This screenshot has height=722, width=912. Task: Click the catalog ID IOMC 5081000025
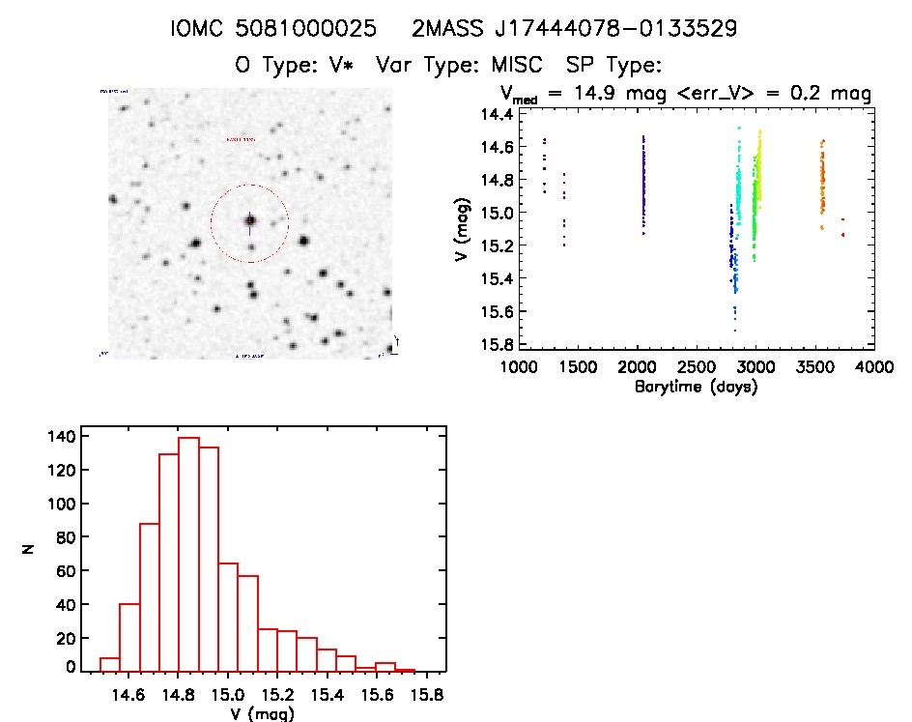272,30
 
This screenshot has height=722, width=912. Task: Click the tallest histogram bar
188,554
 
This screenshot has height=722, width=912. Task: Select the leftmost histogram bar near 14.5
110,664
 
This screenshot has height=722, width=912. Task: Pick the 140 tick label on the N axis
62,437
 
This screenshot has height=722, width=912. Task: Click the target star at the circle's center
250,221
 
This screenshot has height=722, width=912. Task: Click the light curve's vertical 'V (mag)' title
467,229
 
